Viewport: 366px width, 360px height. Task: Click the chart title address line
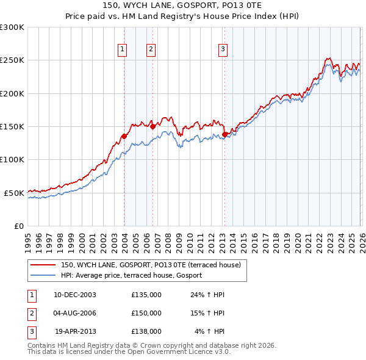(x=182, y=6)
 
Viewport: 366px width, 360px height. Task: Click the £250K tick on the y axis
(x=12, y=60)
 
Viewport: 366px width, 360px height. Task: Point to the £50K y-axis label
(x=14, y=193)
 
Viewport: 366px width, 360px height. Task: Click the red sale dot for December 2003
(x=124, y=137)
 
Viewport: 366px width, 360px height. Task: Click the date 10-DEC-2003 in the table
(x=75, y=295)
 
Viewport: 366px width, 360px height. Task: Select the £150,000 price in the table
(x=146, y=313)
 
